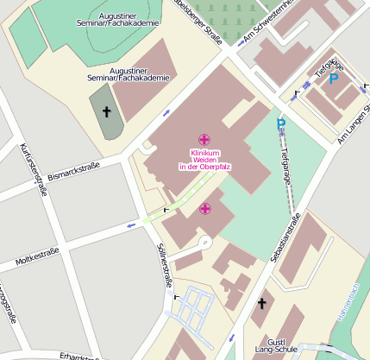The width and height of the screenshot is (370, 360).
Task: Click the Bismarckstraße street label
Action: [74, 170]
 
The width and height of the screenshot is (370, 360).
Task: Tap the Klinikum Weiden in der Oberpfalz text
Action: [204, 160]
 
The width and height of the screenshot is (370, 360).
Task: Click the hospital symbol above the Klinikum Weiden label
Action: [204, 140]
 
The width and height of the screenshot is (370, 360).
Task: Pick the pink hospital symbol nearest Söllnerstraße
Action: [204, 208]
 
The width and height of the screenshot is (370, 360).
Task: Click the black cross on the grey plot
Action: [108, 112]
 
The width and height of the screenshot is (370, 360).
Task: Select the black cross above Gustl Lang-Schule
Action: [262, 303]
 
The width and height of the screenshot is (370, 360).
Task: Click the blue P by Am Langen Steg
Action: [333, 79]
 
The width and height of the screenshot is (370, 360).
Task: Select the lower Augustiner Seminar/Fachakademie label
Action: [135, 74]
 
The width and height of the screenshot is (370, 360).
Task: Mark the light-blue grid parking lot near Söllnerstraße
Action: [192, 307]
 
